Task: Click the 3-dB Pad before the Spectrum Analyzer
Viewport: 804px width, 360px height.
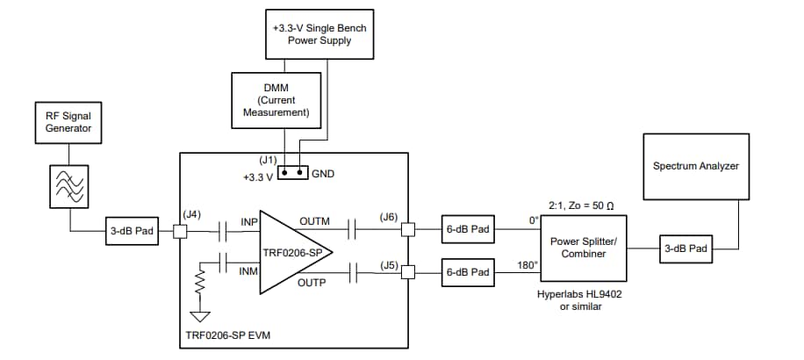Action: (x=686, y=248)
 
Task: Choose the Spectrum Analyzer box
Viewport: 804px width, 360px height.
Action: (x=696, y=165)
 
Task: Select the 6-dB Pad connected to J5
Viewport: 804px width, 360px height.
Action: (x=468, y=273)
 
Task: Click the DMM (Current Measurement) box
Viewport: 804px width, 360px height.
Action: (x=276, y=101)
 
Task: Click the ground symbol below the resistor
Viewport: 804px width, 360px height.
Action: (x=199, y=317)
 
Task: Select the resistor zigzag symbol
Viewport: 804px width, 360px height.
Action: (x=199, y=283)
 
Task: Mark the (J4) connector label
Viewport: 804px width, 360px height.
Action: (x=192, y=214)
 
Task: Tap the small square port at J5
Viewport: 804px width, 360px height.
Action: (x=407, y=273)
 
